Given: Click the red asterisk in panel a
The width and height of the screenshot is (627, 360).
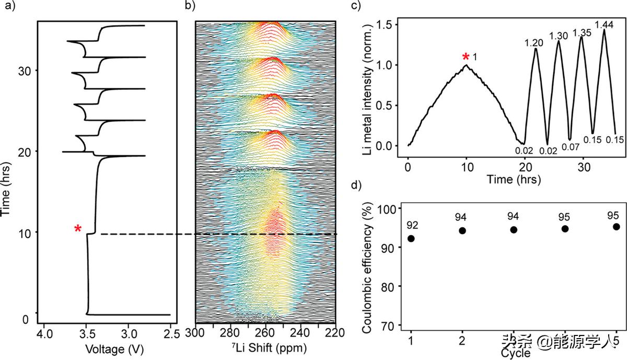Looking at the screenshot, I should pos(78,229).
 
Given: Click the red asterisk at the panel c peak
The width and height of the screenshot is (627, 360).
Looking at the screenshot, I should pos(465,57).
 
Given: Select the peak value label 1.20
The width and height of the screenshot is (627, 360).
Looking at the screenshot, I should pos(535,43).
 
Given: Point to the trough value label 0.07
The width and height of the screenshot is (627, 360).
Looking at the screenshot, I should pos(570,147).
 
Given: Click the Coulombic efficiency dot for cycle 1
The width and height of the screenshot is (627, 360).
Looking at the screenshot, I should pos(411,238).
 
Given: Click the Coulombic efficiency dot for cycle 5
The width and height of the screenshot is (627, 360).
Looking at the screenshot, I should pos(617,226).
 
